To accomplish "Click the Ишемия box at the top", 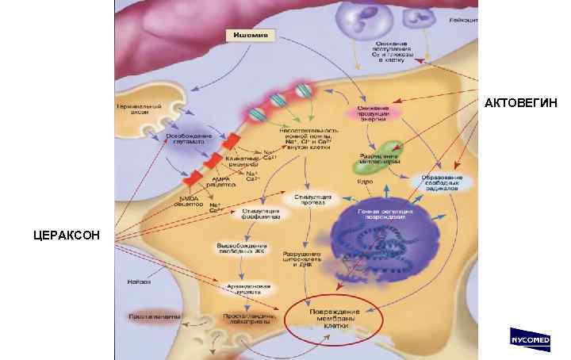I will tap(249, 36).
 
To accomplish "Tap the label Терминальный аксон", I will tap(140, 109).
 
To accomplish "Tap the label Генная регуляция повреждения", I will tap(377, 215).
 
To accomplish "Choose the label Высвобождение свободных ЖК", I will tap(240, 247).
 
